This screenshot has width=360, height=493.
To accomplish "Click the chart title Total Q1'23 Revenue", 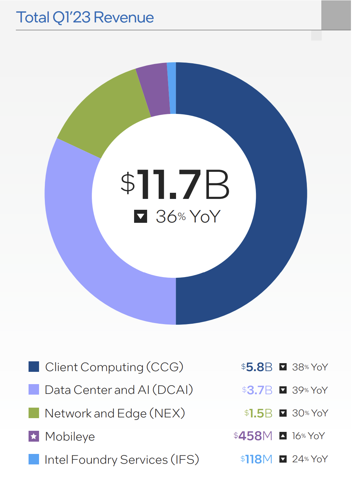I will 85,17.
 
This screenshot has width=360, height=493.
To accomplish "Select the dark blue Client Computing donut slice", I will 278,195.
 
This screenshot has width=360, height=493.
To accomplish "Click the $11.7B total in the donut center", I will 175,184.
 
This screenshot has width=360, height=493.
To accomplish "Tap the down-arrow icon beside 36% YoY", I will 141,217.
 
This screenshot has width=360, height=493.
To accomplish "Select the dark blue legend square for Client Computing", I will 34,367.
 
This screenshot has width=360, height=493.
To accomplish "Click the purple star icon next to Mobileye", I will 34,436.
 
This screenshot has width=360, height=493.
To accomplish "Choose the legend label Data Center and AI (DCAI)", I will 119,390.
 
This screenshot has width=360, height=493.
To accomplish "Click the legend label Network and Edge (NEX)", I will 115,413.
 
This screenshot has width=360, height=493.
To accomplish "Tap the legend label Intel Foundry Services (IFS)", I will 121,459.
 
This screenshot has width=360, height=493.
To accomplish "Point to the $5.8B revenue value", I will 257,367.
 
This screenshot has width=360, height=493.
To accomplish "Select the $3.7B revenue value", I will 257,390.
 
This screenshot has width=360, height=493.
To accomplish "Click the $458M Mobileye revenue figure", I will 253,436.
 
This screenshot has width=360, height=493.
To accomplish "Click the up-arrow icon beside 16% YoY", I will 283,436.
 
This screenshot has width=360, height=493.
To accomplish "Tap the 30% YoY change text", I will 310,413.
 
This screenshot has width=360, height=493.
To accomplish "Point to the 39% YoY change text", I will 310,390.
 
